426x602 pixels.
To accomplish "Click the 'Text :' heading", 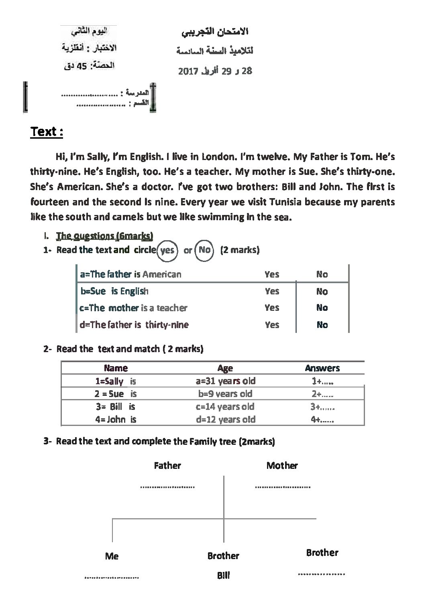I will tap(47, 132).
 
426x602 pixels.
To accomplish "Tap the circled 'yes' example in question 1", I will tap(167, 250).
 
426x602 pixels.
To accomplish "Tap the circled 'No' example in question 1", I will tap(204, 250).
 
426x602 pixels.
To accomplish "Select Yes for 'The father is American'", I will tap(272, 274).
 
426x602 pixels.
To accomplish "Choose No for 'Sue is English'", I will tap(322, 292).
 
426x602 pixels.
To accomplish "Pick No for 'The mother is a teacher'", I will tap(322, 308).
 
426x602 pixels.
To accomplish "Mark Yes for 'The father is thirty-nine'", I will tap(272, 325).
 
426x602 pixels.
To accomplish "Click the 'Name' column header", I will tap(116, 368).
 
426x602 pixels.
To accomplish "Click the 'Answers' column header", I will tap(322, 368).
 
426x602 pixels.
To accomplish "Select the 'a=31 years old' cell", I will tap(225, 381).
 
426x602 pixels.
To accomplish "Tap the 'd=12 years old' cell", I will tap(225, 420).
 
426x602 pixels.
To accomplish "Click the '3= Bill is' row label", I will tap(115, 407).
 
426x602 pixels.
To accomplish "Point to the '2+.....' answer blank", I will tap(322, 394).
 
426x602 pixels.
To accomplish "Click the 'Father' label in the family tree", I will tap(167, 466).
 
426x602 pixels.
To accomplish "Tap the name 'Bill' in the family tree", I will tap(223, 576).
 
